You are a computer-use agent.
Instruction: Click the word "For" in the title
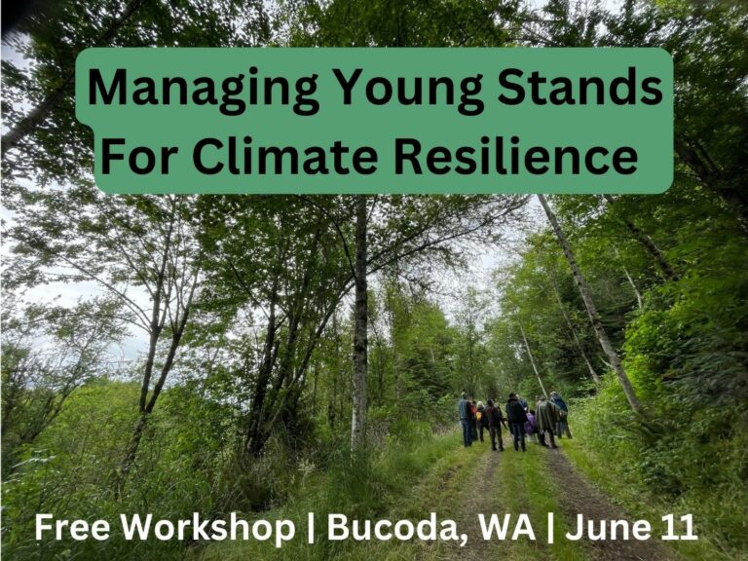136,156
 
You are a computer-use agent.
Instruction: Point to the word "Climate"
285,156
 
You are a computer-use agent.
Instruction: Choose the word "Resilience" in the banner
516,156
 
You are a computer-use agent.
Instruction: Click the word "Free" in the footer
72,527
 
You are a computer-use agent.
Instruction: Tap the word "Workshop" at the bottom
207,529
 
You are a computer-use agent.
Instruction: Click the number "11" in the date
679,527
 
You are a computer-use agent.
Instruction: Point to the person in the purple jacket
531,424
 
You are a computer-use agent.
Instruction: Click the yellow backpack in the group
478,416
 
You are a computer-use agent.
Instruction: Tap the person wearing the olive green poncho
546,421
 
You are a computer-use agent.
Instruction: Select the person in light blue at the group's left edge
465,419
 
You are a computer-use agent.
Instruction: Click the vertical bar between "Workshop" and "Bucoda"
311,529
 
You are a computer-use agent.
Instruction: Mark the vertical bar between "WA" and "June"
551,529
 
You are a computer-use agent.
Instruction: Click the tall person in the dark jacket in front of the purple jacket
516,422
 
